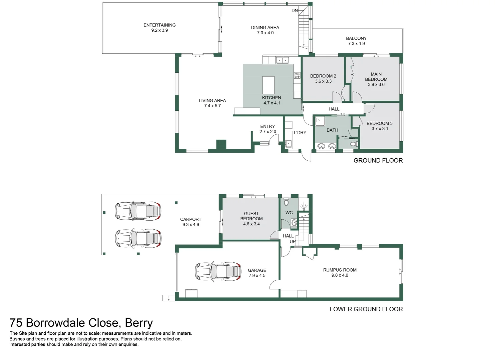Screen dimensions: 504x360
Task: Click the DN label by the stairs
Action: pos(295,11)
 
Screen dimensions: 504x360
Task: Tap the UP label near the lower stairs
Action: pos(293,241)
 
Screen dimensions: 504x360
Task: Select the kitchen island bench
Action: pos(269,85)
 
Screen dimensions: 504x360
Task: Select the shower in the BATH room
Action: pos(320,121)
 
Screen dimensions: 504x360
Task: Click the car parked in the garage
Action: pos(218,271)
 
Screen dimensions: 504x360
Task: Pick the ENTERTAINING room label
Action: pos(159,25)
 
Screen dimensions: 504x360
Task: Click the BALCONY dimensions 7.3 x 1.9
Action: pos(356,44)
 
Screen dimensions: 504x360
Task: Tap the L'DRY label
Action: pos(300,133)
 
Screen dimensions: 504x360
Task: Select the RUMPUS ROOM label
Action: pos(340,270)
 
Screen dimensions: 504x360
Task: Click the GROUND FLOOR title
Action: pos(378,161)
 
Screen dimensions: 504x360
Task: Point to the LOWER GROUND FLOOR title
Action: pos(366,309)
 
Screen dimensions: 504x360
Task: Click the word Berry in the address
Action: pos(139,323)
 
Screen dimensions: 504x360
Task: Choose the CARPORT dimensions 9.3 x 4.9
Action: pos(191,224)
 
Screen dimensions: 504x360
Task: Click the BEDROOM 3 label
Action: pos(380,123)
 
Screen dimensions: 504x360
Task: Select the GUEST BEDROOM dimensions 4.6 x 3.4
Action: pos(251,224)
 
